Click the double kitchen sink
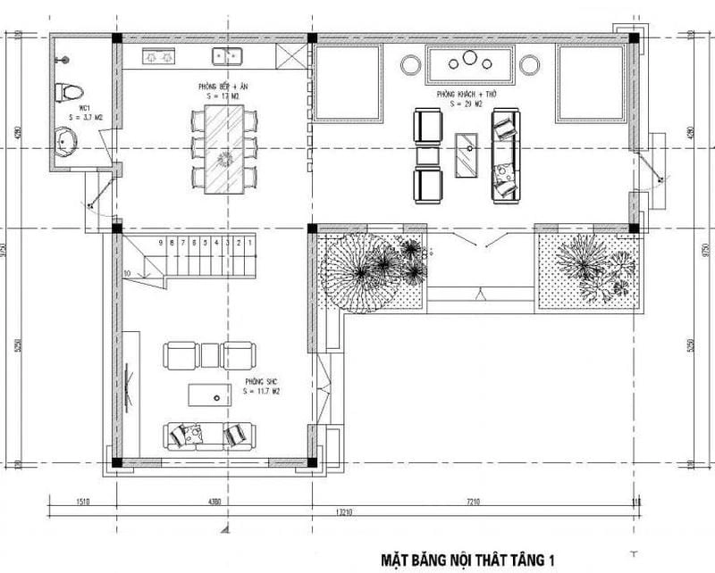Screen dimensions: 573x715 [x=229, y=56]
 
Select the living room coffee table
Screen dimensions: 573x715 [x=466, y=155]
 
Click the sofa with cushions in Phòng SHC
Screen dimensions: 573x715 [x=209, y=436]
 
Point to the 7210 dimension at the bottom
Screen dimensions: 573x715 [x=473, y=502]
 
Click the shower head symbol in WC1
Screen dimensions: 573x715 [x=61, y=59]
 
